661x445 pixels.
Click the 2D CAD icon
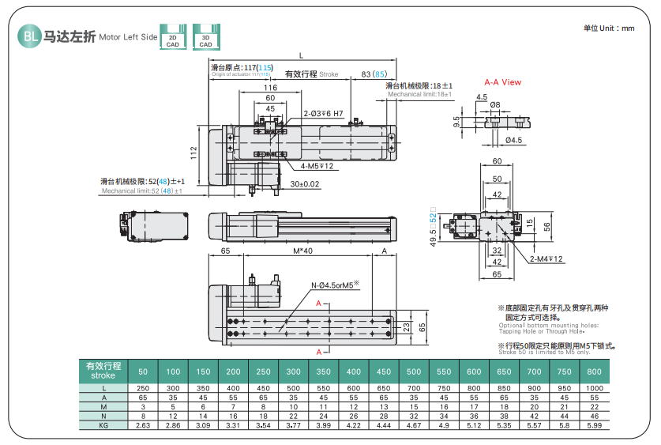pos(172,37)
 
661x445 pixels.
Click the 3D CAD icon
pos(205,37)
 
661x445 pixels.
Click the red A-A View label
pos(502,82)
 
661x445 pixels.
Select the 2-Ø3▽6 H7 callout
pos(323,113)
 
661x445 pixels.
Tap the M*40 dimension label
pos(302,251)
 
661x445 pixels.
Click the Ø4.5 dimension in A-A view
pos(513,141)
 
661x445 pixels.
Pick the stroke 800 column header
pos(594,371)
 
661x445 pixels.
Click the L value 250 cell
pos(143,388)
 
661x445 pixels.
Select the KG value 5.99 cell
pos(594,425)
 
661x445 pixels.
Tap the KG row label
pos(103,425)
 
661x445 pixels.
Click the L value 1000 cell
pos(594,388)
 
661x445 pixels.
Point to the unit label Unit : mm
pos(609,28)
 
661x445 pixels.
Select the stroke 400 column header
pos(354,371)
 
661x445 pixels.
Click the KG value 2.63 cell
pos(143,425)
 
